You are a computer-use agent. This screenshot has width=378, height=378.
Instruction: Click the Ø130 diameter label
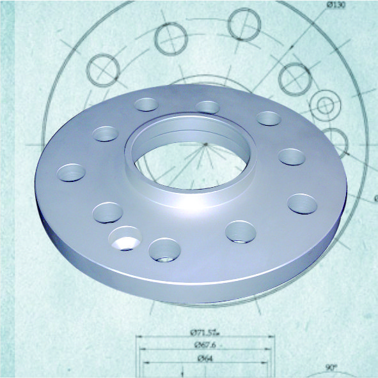[x=336, y=5]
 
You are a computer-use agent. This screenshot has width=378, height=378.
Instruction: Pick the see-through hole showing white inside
[x=125, y=239]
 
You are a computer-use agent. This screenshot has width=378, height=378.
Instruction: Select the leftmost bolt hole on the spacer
[x=72, y=172]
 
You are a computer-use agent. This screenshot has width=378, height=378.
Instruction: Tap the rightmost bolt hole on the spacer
[x=303, y=204]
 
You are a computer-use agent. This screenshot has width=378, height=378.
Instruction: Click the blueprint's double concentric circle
[x=324, y=103]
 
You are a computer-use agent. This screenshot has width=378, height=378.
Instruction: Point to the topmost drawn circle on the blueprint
[x=243, y=24]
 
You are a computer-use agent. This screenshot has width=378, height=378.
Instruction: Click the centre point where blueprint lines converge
[x=206, y=144]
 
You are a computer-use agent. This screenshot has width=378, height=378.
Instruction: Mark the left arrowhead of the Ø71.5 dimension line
[x=136, y=338]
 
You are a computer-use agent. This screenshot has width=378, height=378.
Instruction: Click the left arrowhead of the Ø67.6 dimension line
[x=140, y=351]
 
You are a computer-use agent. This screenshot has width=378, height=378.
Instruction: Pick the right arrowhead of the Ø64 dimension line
[x=269, y=363]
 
